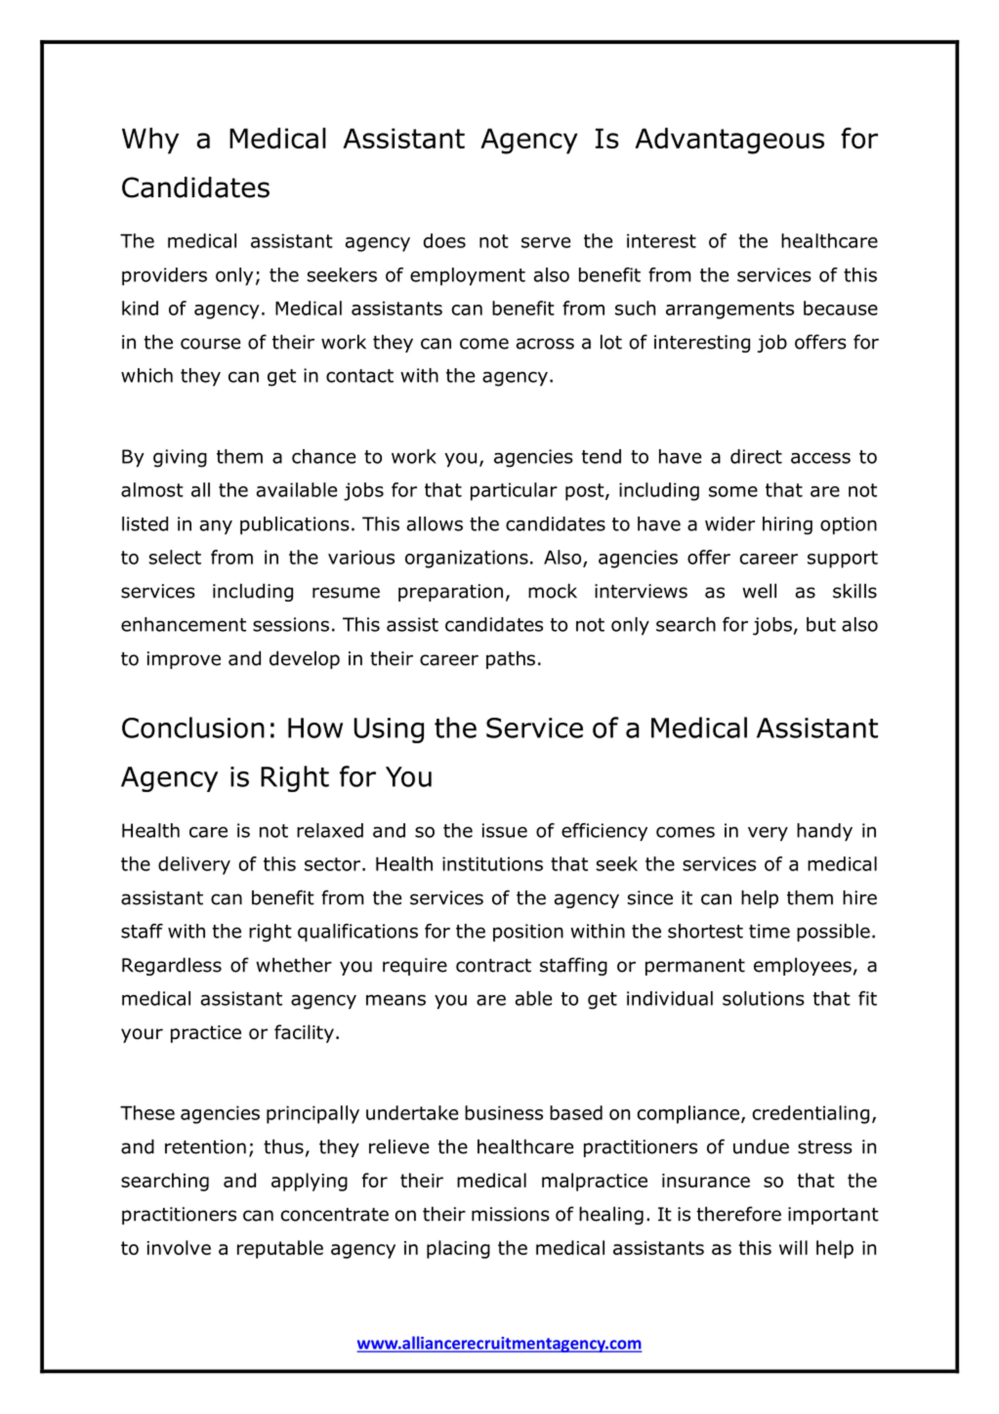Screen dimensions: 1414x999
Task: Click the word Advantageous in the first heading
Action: [x=729, y=139]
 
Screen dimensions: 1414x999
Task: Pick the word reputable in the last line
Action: [x=279, y=1248]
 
